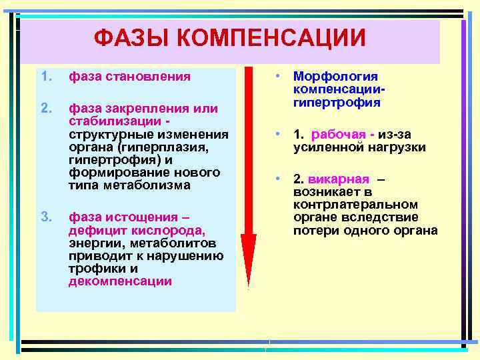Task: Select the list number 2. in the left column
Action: coord(45,108)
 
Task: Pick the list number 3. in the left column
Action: coord(45,217)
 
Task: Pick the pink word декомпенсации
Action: coord(120,281)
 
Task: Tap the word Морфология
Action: coord(335,77)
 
